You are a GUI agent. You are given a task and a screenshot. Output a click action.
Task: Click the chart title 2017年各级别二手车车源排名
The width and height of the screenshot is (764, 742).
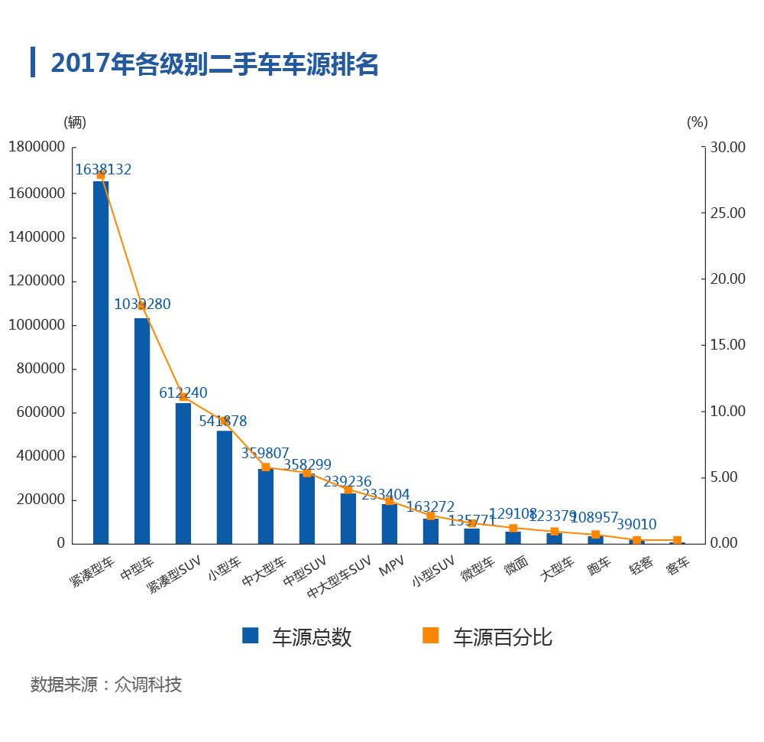pos(214,64)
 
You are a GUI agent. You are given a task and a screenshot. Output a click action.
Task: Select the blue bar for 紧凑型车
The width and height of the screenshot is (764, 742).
pos(101,363)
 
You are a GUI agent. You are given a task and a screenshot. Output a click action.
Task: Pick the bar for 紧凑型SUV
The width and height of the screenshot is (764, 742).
pos(183,473)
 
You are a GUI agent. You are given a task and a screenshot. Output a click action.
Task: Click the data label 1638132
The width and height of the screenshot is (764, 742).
pos(103,170)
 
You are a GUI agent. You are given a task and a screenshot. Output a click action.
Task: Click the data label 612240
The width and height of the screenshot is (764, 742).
pos(183,392)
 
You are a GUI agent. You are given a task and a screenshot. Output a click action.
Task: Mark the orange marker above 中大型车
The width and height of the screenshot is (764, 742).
pos(266,467)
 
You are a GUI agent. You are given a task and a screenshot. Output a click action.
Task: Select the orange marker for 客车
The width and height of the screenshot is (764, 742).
pos(677,540)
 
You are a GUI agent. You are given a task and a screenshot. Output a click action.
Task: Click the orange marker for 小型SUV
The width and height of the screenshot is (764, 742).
pos(431,516)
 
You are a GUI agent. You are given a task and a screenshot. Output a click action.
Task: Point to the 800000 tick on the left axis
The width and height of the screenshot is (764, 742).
pos(40,369)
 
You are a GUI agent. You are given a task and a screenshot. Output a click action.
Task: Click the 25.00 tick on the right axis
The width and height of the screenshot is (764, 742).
pos(724,213)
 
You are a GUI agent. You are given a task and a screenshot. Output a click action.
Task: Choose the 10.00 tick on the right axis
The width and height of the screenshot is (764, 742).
pos(724,411)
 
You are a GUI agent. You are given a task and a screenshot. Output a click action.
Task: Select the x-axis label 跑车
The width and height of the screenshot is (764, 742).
pos(599,567)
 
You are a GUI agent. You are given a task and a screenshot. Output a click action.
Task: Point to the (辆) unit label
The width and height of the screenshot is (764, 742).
pos(75,122)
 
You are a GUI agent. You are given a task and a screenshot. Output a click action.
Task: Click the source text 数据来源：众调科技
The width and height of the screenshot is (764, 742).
pos(106,684)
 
